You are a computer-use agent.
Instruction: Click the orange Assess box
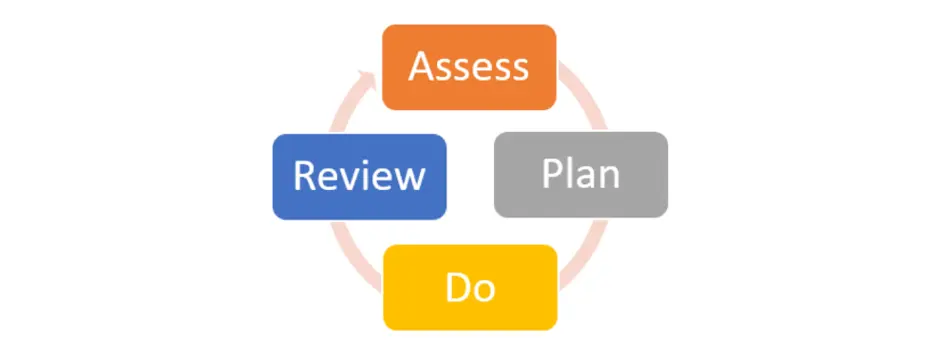pos(469,67)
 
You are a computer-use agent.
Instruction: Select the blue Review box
pos(359,176)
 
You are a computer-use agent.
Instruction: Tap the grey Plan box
pos(580,174)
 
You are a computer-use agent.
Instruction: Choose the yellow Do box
pos(469,287)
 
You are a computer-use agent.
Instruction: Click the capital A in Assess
pos(421,67)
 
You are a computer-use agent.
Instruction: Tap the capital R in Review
pos(304,177)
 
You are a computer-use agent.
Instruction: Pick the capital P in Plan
pos(552,174)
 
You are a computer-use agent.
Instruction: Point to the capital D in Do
pos(457,288)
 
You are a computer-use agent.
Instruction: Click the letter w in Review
pos(408,179)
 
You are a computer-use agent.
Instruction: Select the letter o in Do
pos(484,290)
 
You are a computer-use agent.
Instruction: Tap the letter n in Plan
pos(608,177)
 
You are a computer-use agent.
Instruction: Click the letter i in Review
pos(365,176)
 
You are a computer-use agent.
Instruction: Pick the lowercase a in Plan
pos(587,177)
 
